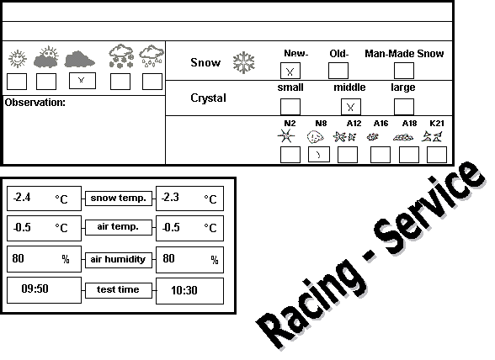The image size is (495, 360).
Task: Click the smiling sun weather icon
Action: click(18, 59)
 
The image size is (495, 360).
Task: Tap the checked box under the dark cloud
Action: click(82, 81)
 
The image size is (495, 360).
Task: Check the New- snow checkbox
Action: click(290, 71)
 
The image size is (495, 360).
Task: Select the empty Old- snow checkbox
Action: click(338, 71)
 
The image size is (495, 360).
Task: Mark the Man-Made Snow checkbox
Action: click(404, 71)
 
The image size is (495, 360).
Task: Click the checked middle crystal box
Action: click(351, 107)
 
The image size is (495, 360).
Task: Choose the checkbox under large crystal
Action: click(404, 107)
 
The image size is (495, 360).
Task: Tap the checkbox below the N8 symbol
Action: click(319, 155)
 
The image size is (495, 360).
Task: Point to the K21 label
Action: click(437, 124)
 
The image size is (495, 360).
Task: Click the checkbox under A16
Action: click(381, 155)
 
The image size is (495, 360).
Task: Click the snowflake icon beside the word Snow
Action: click(244, 62)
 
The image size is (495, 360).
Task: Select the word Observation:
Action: click(35, 103)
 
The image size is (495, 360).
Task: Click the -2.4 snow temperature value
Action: click(22, 198)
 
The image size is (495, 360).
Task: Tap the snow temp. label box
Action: click(119, 199)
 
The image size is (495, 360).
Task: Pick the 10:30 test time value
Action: click(184, 290)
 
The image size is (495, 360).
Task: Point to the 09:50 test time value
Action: click(35, 289)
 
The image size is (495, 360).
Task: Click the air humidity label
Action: click(118, 259)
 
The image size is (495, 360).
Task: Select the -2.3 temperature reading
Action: click(170, 198)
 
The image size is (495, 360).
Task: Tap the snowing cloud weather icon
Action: click(121, 56)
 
